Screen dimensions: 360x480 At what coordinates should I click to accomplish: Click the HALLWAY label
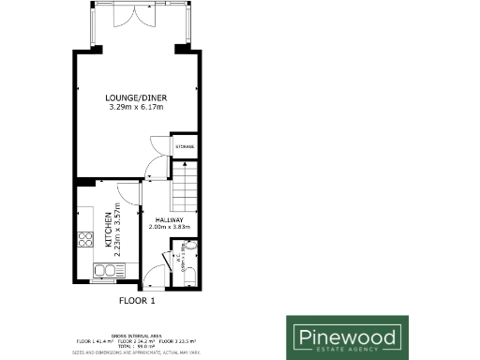point(169,218)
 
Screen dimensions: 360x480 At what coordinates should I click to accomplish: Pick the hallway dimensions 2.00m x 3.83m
point(169,227)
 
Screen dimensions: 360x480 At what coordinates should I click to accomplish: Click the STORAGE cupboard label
point(186,147)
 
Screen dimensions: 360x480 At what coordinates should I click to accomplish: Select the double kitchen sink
point(104,272)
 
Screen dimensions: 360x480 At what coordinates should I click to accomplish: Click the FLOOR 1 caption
point(136,302)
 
